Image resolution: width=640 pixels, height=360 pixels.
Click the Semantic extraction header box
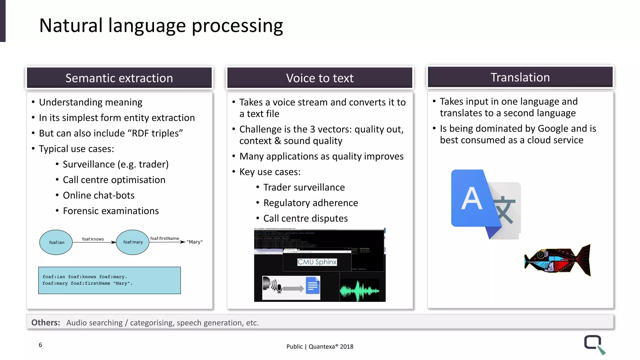tap(119, 78)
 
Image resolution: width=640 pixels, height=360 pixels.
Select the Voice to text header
tap(320, 78)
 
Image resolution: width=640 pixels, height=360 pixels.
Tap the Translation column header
tap(520, 77)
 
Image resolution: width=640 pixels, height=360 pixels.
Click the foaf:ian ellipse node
tap(56, 242)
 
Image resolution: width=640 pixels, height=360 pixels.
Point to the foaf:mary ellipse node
tap(133, 242)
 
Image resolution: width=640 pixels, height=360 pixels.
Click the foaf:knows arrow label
tap(93, 239)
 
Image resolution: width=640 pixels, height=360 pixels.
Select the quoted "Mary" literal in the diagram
tap(194, 242)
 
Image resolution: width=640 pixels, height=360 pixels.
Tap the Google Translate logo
tap(485, 204)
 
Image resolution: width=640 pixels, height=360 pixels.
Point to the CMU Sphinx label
tap(317, 262)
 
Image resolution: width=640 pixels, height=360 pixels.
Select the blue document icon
tap(313, 286)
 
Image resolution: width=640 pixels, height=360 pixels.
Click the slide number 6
tap(40, 345)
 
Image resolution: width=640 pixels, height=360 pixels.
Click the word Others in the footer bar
tap(46, 322)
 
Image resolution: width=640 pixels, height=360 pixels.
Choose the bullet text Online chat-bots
tap(98, 195)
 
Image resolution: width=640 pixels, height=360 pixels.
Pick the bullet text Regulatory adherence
tap(310, 203)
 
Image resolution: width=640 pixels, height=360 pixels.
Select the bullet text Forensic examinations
tap(111, 211)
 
